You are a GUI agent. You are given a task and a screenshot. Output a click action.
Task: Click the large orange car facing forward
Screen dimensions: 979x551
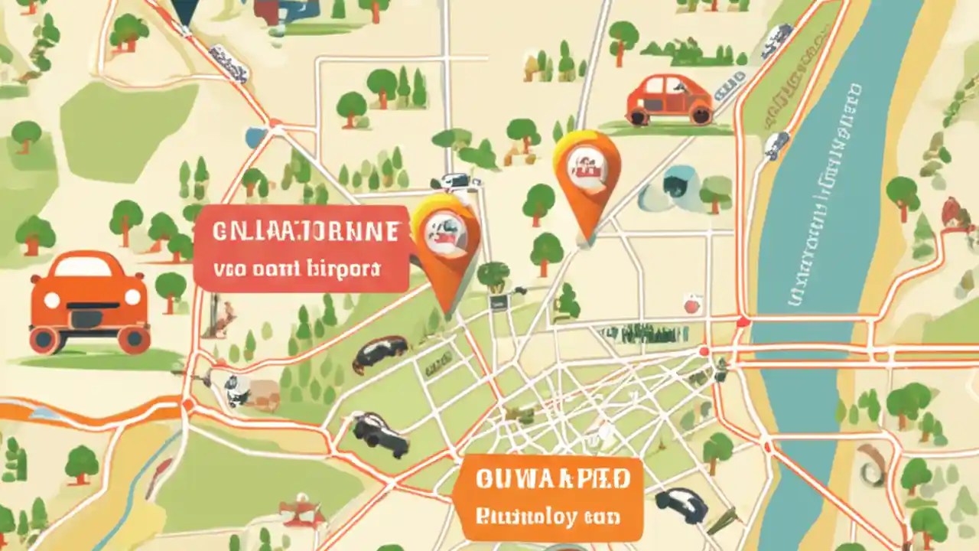coord(89,302)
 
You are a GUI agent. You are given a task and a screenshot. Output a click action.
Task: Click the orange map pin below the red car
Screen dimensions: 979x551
coord(587,184)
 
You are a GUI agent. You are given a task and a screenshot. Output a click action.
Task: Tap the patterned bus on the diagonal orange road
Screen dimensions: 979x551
coord(229,61)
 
